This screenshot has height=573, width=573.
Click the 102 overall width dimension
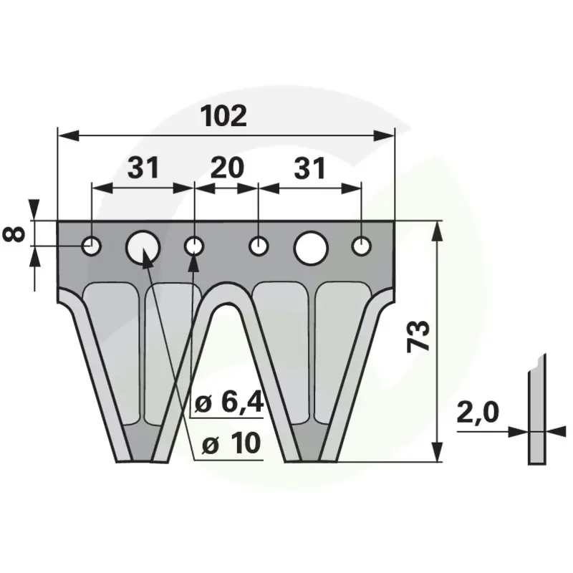pos(224,116)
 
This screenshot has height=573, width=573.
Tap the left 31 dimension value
pos(143,168)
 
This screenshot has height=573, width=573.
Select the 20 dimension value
pos(227,168)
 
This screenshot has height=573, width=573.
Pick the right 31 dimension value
pos(309,168)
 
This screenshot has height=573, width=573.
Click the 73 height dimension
pos(419,336)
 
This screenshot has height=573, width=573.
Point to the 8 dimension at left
pos(14,234)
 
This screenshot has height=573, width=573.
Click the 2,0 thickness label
pos(478,413)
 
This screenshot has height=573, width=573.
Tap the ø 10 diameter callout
pos(231,443)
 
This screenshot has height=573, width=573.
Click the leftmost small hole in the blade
pos(92,246)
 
